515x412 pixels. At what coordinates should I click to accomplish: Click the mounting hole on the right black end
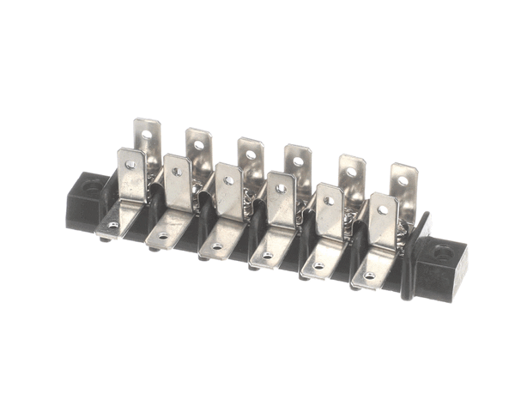[442, 254]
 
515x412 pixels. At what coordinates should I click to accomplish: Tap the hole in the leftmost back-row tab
[147, 134]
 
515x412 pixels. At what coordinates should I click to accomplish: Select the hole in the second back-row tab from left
[198, 145]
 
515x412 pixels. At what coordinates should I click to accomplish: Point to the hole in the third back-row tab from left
[250, 154]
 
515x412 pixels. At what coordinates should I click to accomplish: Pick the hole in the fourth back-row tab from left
[298, 161]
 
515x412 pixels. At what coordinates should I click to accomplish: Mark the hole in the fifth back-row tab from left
[352, 172]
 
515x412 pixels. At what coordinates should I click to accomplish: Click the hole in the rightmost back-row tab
[403, 181]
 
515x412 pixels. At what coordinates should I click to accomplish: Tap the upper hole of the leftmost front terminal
[130, 164]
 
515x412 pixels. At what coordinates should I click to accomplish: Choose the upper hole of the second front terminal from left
[177, 172]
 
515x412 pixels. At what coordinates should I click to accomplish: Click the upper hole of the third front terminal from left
[228, 180]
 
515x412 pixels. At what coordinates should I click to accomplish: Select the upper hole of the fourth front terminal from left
[280, 189]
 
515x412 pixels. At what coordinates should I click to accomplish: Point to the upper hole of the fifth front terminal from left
[329, 201]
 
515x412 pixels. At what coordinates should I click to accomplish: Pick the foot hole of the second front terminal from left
[163, 235]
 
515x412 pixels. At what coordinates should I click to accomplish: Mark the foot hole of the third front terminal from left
[215, 245]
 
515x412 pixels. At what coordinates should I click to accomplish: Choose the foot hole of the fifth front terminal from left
[318, 265]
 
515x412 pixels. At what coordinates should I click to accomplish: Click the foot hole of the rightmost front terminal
[370, 276]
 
